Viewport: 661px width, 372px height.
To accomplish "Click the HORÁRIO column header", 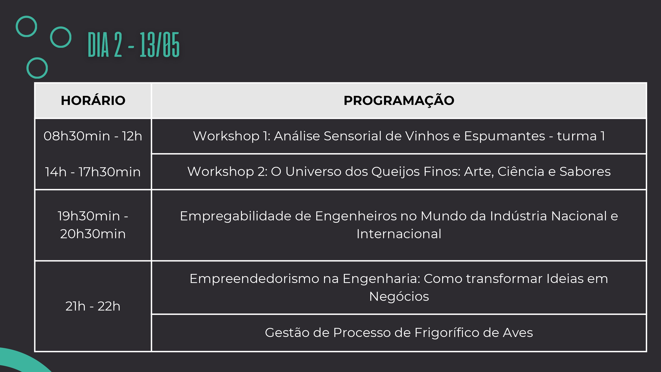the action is click(x=93, y=100).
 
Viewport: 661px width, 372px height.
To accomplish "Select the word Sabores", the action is click(x=585, y=171).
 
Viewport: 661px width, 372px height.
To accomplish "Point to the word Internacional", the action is click(x=399, y=234).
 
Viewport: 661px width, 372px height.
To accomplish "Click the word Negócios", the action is click(x=399, y=297).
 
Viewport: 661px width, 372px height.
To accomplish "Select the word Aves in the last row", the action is click(x=518, y=333).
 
